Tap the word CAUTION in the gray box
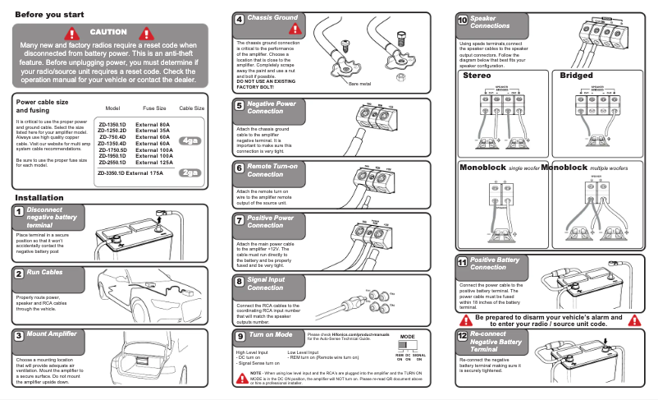click(109, 31)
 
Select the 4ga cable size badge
click(190, 140)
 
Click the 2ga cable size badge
click(190, 172)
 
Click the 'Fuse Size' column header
click(154, 108)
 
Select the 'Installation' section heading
click(39, 199)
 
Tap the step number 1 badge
click(18, 212)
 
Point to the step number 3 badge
click(18, 335)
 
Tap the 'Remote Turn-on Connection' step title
click(271, 170)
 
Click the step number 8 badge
click(240, 282)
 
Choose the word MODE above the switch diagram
click(408, 338)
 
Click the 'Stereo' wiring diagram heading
click(477, 76)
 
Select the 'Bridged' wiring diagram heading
click(576, 76)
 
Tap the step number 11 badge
click(462, 262)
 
